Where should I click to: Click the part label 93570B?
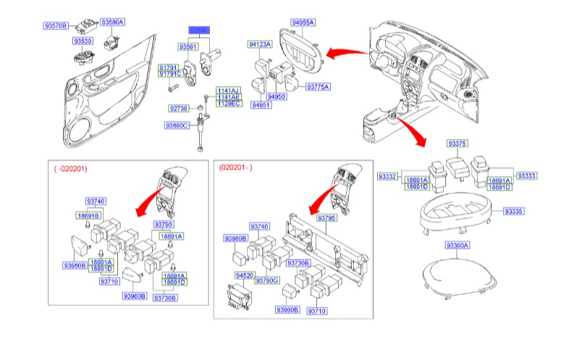click(x=56, y=26)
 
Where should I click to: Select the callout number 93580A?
click(x=112, y=22)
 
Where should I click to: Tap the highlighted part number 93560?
click(x=199, y=30)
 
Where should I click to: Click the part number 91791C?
click(x=170, y=74)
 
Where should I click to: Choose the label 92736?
click(x=178, y=108)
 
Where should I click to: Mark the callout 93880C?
click(x=177, y=125)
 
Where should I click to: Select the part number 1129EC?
click(x=227, y=104)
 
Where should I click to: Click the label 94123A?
click(x=259, y=44)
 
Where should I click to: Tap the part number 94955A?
click(x=303, y=22)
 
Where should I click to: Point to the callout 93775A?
click(x=317, y=87)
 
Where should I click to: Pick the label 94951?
click(x=261, y=105)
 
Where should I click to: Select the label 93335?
click(x=513, y=211)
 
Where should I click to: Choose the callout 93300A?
click(x=457, y=246)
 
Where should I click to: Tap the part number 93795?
click(x=327, y=218)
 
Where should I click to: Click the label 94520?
click(x=244, y=276)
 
